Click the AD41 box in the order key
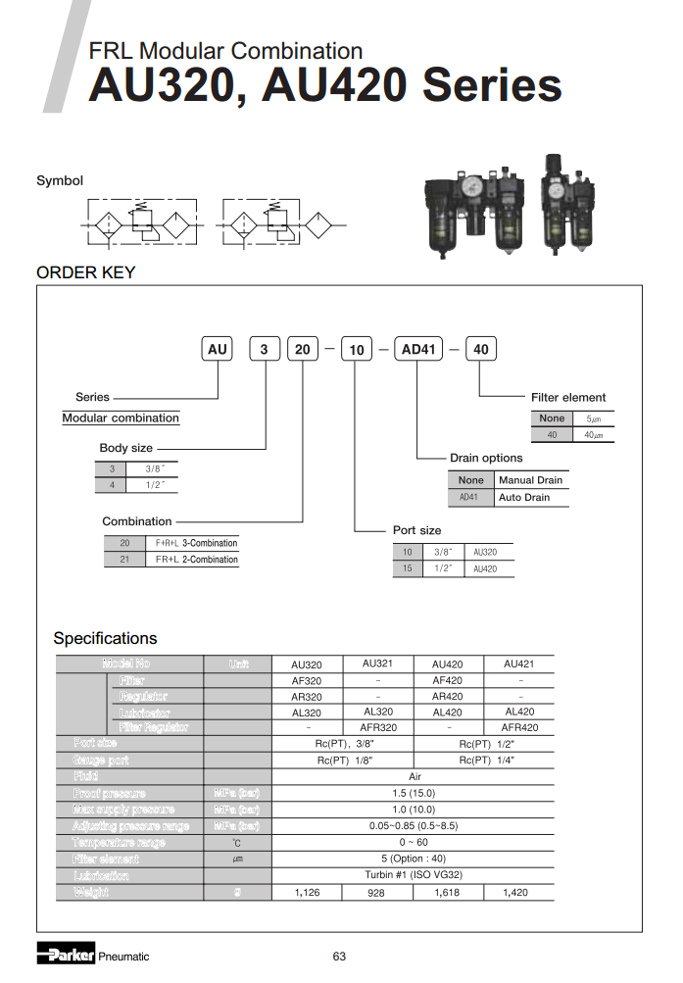pyautogui.click(x=417, y=349)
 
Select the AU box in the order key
pyautogui.click(x=218, y=349)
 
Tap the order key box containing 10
pyautogui.click(x=357, y=349)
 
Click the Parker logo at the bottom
pyautogui.click(x=66, y=956)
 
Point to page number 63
pyautogui.click(x=339, y=957)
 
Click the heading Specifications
pyautogui.click(x=105, y=638)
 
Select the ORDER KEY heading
pyautogui.click(x=85, y=272)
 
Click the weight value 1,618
pyautogui.click(x=447, y=893)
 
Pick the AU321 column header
pyautogui.click(x=378, y=664)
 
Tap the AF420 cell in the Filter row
pyautogui.click(x=447, y=680)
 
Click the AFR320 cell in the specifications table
pyautogui.click(x=378, y=728)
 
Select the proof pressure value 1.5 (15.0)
pyautogui.click(x=413, y=793)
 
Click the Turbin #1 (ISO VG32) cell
pyautogui.click(x=413, y=875)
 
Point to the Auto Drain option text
pyautogui.click(x=524, y=498)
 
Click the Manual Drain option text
pyautogui.click(x=530, y=480)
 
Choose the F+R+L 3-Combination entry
pyautogui.click(x=196, y=543)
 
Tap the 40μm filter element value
pyautogui.click(x=593, y=435)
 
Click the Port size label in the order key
pyautogui.click(x=416, y=530)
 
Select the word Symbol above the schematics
pyautogui.click(x=60, y=180)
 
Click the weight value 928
pyautogui.click(x=376, y=893)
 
